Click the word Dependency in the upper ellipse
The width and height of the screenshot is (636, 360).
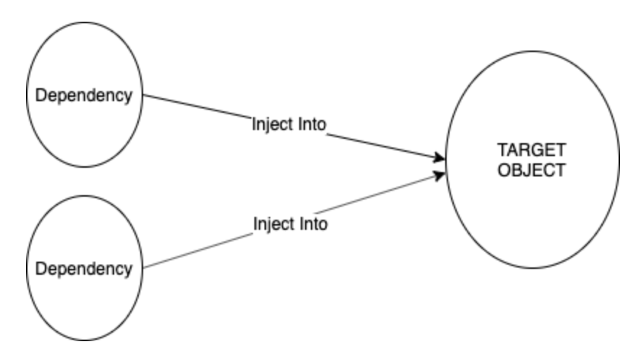coord(85,95)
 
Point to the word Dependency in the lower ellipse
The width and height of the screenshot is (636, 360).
coord(85,269)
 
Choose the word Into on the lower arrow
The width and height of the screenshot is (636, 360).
coord(313,224)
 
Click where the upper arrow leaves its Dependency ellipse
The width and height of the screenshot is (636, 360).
coord(145,95)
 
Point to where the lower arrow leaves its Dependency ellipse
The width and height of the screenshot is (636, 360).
coord(145,268)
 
